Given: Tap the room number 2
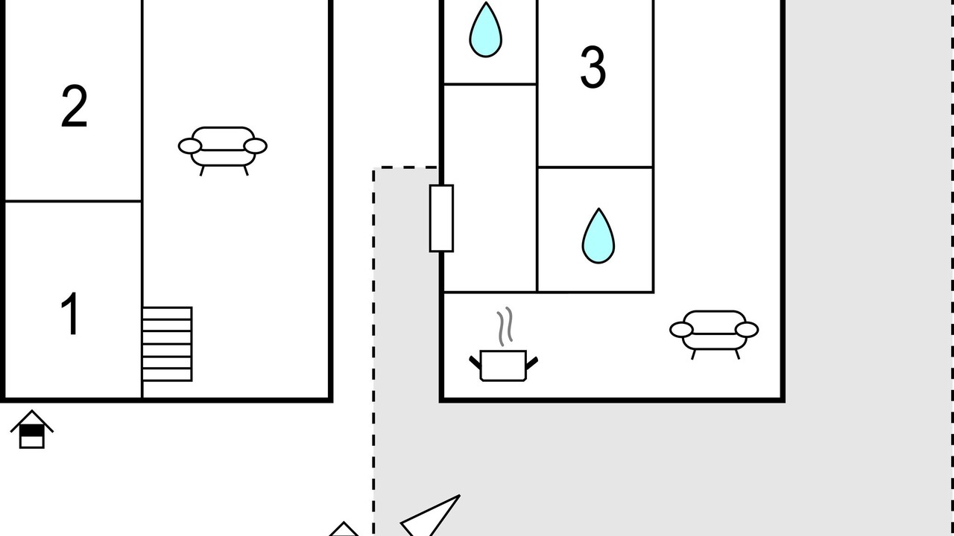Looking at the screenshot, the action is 75,106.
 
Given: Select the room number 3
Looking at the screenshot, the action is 593,67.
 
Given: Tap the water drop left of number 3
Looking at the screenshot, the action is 485,31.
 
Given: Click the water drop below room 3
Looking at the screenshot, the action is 598,236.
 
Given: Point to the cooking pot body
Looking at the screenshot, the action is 503,366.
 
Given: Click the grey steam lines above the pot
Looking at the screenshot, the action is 505,326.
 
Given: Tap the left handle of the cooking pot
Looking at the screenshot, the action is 475,363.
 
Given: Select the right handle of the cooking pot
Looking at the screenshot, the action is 532,363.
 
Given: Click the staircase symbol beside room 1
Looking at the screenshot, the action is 167,344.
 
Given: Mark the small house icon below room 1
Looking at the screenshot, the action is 32,429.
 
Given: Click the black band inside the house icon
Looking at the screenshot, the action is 32,431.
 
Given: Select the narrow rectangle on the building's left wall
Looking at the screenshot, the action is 441,218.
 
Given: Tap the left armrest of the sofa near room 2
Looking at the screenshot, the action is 189,146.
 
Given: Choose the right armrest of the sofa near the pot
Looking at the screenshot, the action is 747,330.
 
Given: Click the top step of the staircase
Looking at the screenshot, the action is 167,313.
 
